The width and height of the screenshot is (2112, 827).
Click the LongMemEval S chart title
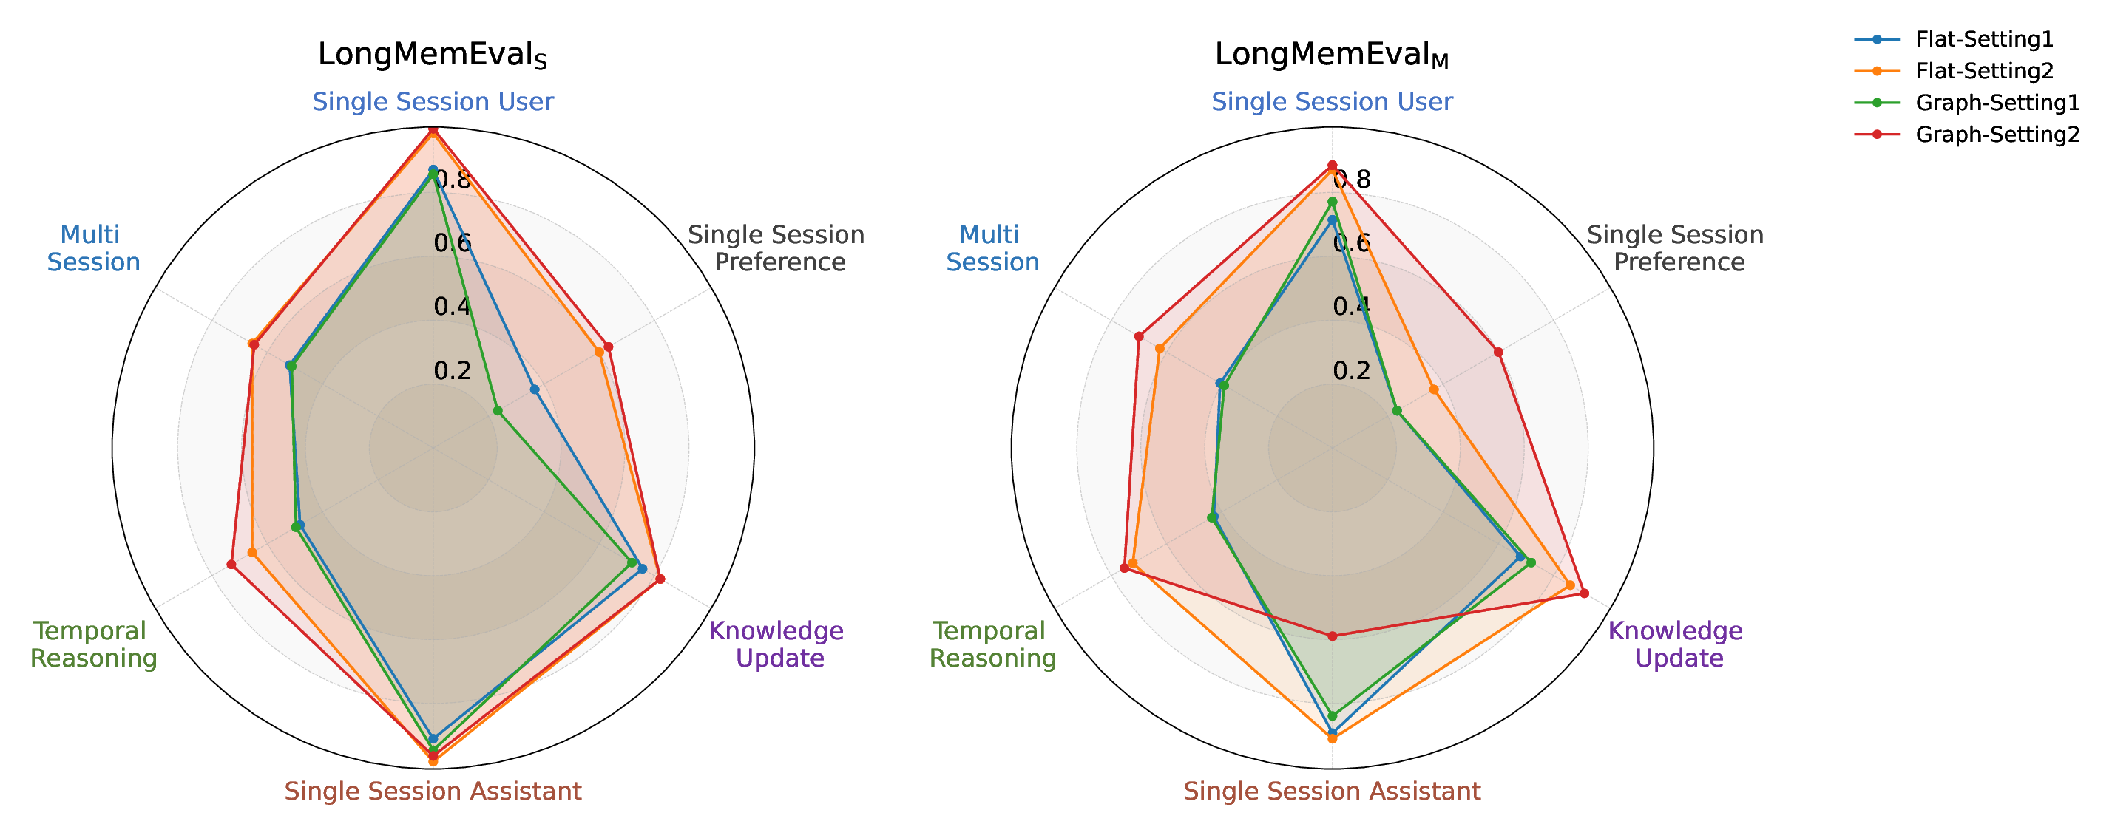click(x=432, y=55)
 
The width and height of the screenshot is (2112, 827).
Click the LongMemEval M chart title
click(x=1332, y=55)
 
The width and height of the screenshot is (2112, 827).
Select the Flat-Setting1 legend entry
click(x=1983, y=38)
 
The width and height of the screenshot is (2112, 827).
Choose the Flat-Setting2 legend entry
click(x=1983, y=70)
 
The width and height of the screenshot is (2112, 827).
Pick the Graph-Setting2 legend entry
click(x=1997, y=135)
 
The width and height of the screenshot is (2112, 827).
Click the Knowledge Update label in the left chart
click(x=776, y=644)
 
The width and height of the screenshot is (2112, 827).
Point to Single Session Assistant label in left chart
click(x=433, y=791)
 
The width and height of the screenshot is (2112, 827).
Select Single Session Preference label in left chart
click(x=776, y=248)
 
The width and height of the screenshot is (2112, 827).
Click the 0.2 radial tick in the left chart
click(x=453, y=370)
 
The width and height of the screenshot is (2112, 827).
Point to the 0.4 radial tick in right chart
click(x=1351, y=307)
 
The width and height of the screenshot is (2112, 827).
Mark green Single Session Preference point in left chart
click(x=497, y=410)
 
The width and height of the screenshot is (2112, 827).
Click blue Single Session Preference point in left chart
click(x=535, y=389)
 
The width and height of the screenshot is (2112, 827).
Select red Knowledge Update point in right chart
click(x=1584, y=593)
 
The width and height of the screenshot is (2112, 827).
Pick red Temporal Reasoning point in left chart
click(x=231, y=564)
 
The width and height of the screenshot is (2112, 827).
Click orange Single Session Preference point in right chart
click(x=1434, y=389)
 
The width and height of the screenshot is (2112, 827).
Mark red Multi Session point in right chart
click(x=1139, y=336)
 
